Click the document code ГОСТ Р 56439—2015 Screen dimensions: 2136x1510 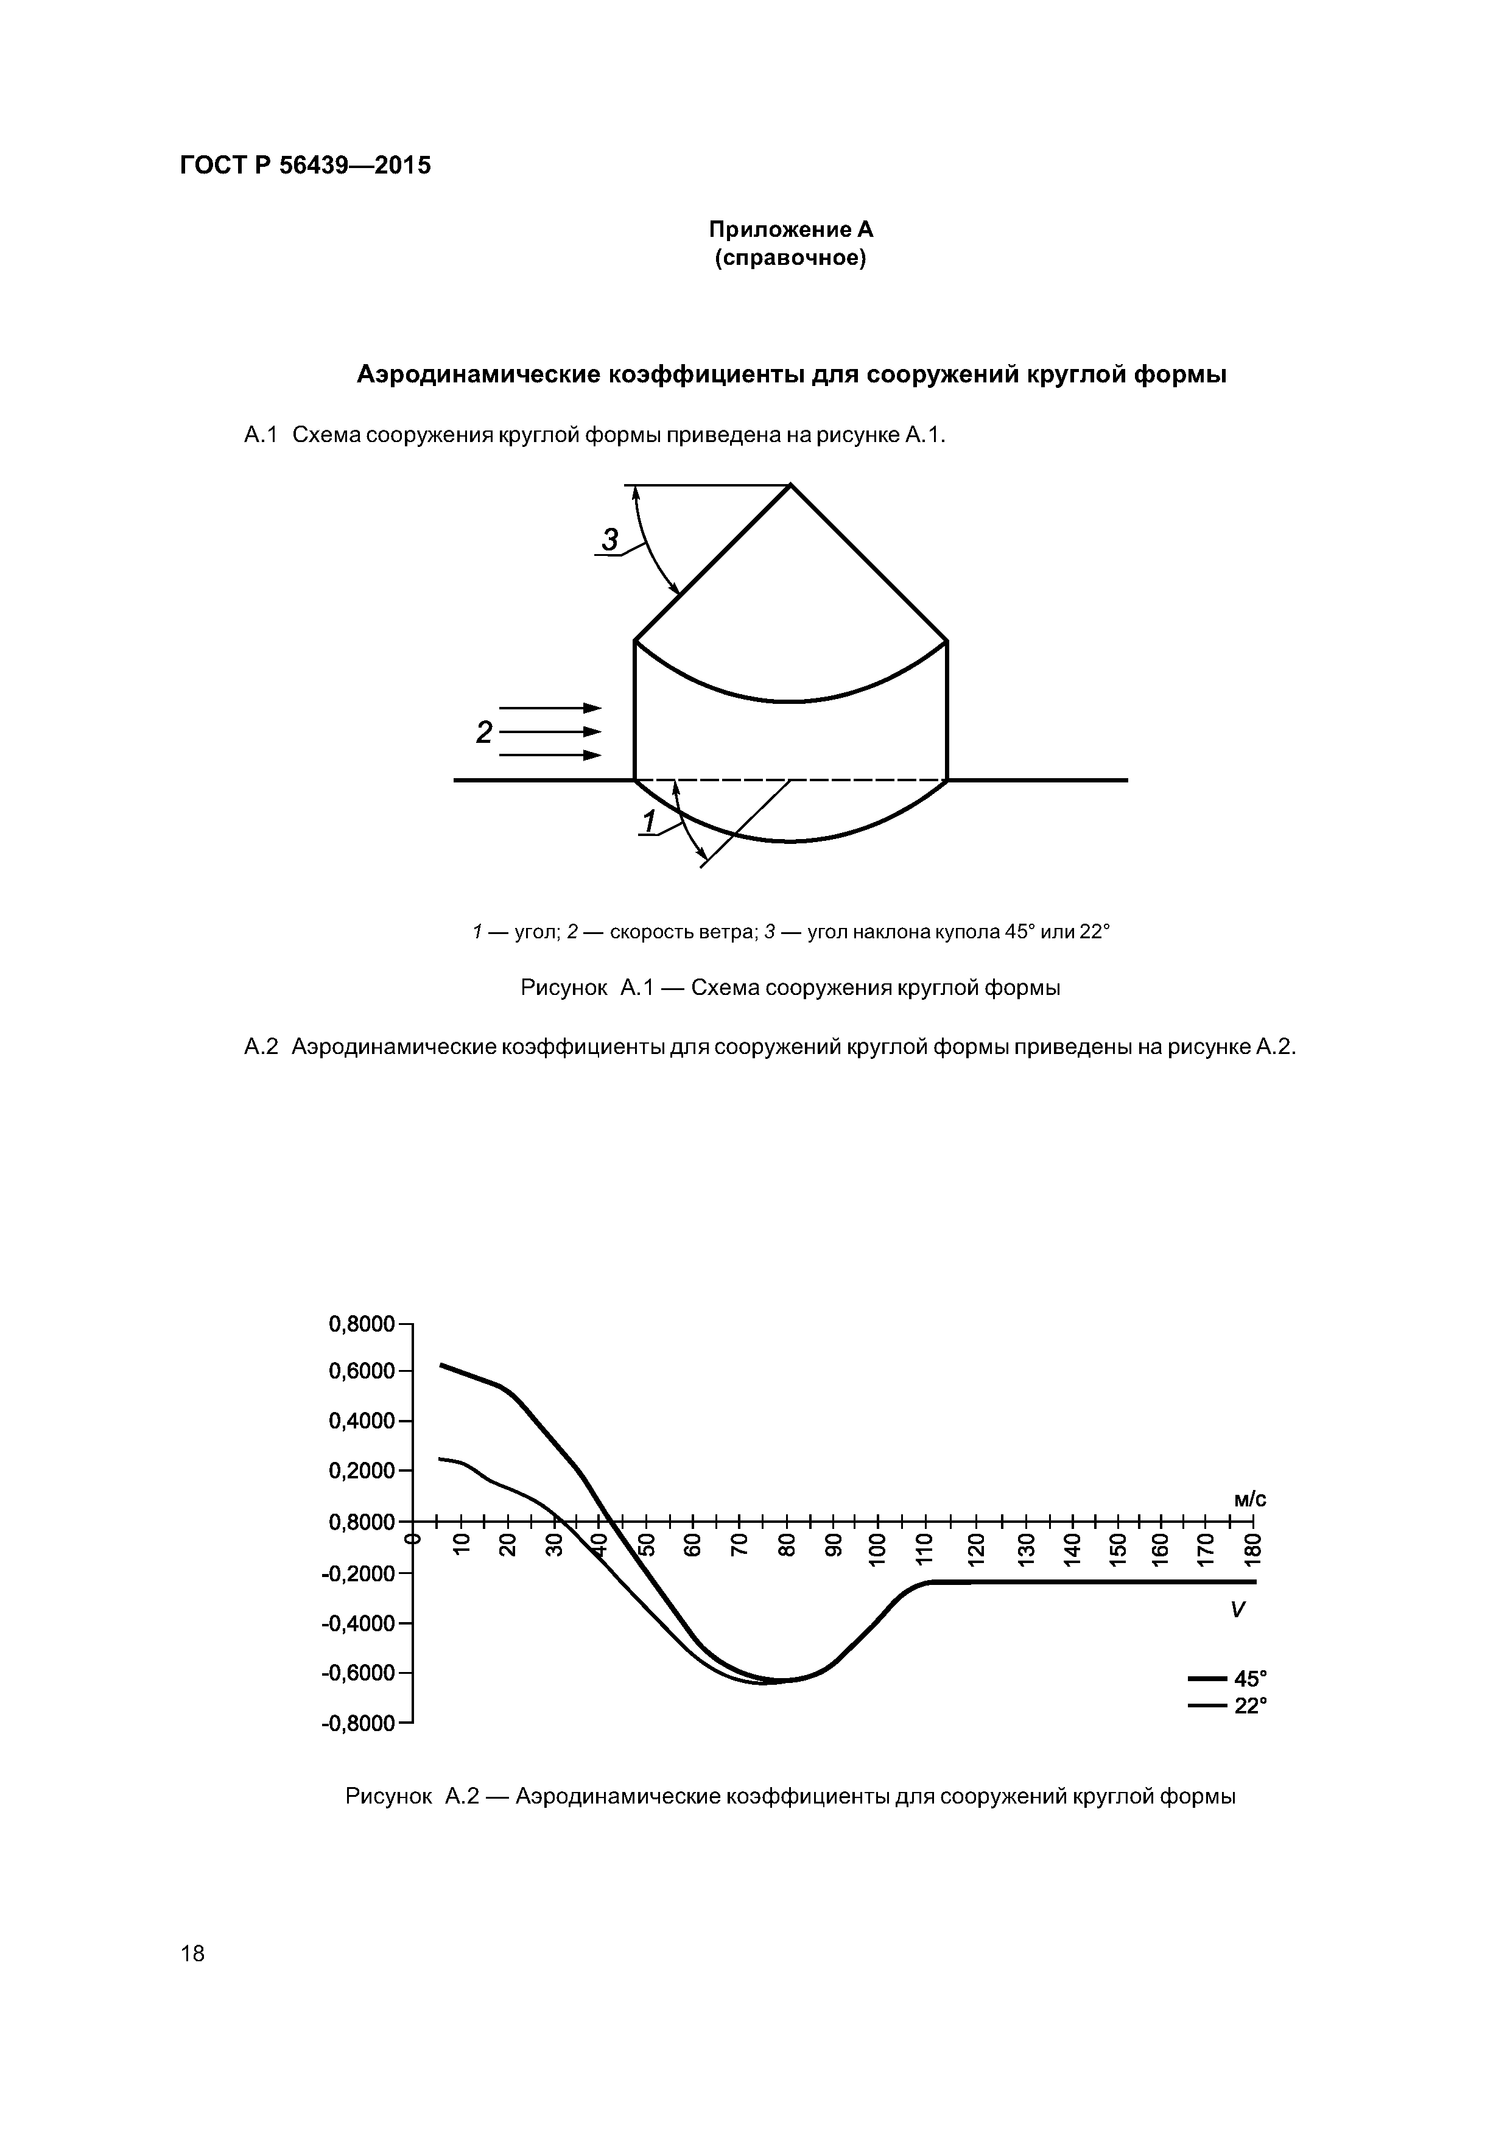pos(305,166)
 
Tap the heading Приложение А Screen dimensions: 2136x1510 pos(791,229)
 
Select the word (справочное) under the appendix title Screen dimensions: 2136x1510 pos(791,258)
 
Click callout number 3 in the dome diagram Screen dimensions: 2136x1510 pos(610,539)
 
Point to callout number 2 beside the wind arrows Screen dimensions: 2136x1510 pos(484,732)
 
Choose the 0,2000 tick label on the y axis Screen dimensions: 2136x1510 pos(362,1471)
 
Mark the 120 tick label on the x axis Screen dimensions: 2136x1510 pos(974,1550)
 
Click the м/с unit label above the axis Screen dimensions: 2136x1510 pos(1249,1500)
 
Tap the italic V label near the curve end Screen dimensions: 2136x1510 pos(1237,1609)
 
